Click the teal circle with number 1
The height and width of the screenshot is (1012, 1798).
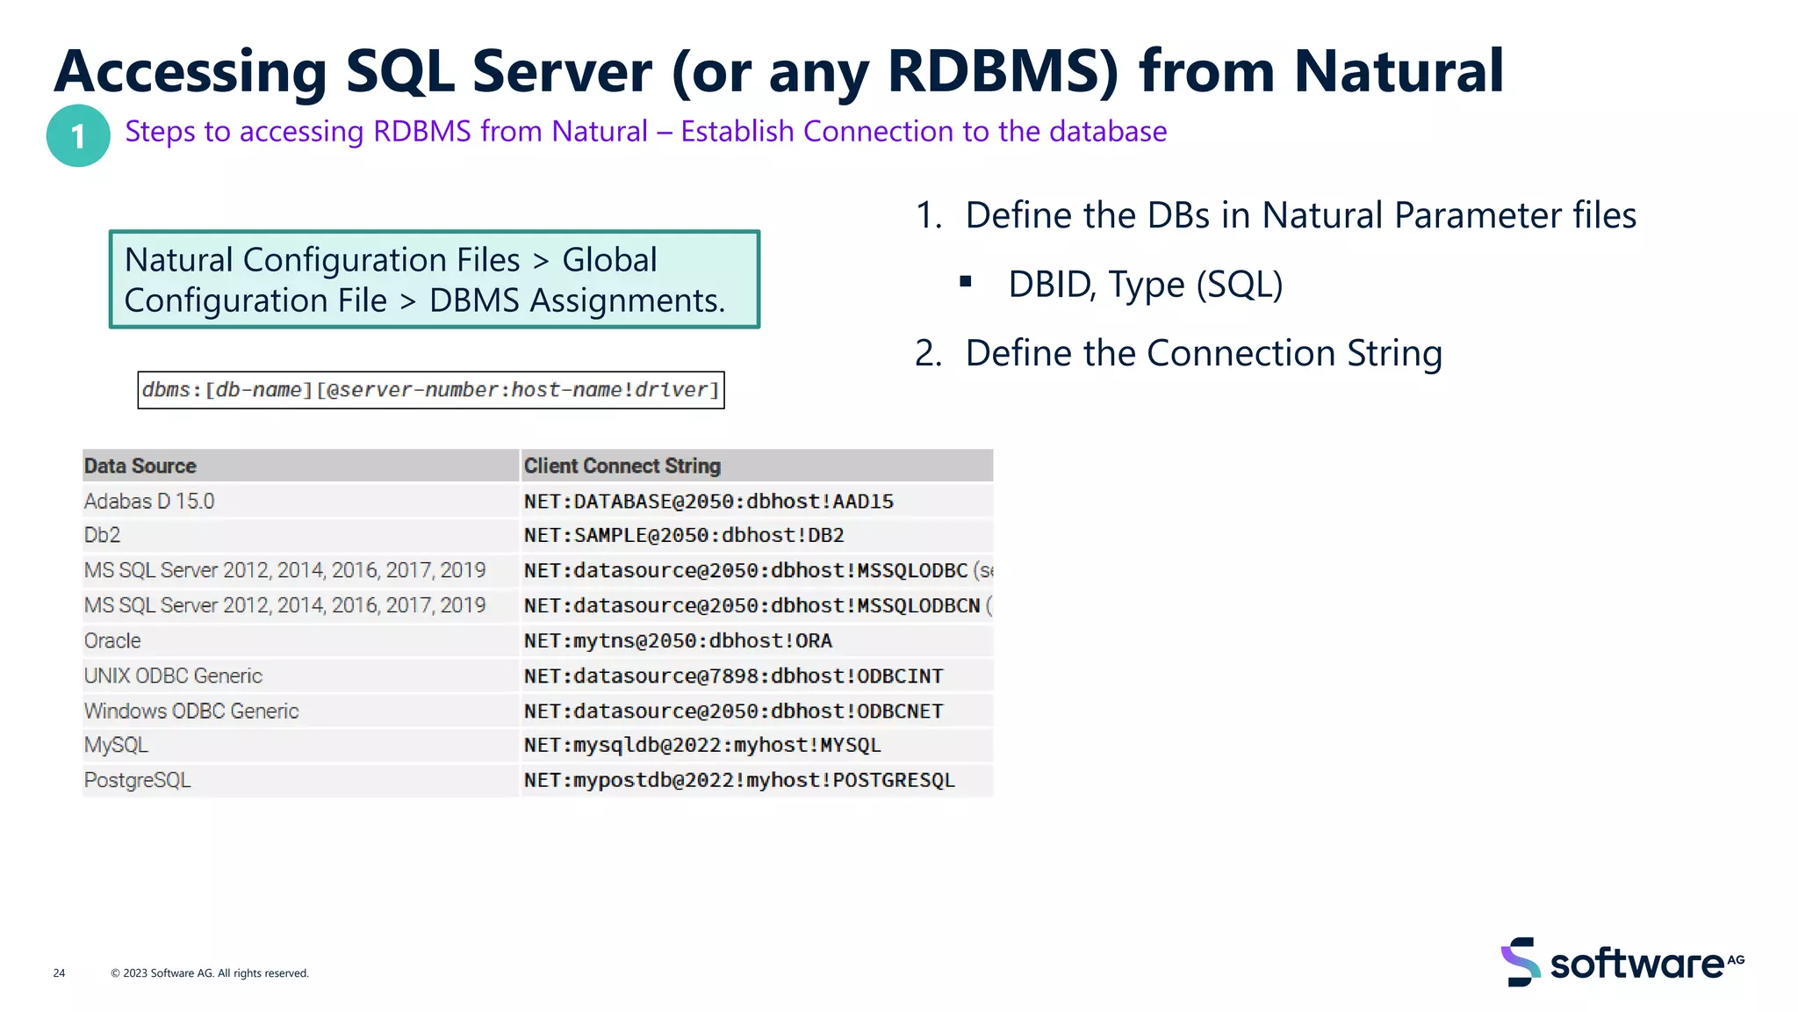[78, 136]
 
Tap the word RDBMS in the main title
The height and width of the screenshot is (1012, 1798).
[1001, 72]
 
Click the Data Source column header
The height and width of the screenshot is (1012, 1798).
[140, 466]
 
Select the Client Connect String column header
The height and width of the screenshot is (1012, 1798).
[622, 466]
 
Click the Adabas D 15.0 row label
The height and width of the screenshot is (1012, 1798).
[149, 501]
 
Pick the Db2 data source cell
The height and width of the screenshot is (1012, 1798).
[103, 535]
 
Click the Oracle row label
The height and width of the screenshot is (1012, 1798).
[112, 640]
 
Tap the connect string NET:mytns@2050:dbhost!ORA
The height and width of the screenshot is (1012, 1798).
[678, 640]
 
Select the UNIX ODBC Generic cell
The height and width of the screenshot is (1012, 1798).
[173, 676]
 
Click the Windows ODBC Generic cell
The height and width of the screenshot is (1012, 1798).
[191, 711]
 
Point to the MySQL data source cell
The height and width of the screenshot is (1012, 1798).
[116, 745]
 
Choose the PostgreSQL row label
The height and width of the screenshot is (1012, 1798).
[137, 780]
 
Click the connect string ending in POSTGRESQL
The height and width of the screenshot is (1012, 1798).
[739, 780]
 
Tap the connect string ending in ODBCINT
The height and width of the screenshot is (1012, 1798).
[733, 676]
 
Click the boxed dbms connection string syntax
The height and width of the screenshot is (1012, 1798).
[430, 390]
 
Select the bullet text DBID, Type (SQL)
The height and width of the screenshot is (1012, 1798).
[1145, 285]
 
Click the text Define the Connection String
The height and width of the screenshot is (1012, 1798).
[1204, 353]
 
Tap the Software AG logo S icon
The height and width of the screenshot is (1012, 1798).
[1521, 962]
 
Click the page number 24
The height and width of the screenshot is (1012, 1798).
[59, 972]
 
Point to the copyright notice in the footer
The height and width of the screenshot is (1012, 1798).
[210, 972]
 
